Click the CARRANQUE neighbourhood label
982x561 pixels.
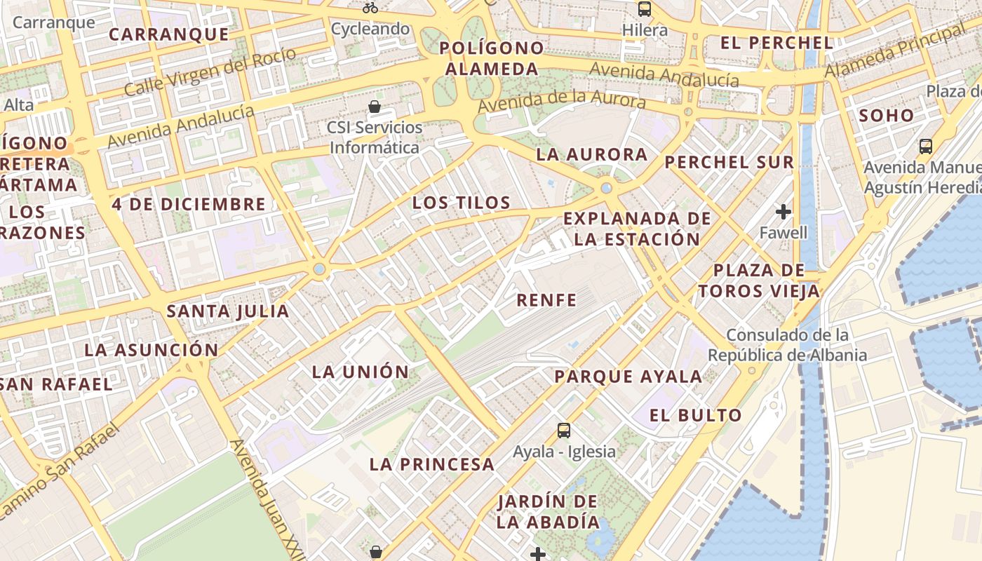click(x=169, y=34)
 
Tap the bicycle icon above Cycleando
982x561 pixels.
click(x=370, y=8)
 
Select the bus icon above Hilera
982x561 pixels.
click(x=644, y=9)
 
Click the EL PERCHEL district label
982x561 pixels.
click(x=777, y=43)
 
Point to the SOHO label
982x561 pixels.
click(x=887, y=116)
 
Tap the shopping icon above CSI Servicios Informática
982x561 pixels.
click(x=375, y=107)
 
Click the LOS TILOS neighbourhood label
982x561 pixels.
click(x=461, y=203)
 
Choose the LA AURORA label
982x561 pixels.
click(x=591, y=155)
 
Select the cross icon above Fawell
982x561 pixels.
click(x=783, y=211)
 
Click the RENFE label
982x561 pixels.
click(x=546, y=301)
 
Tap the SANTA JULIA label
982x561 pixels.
click(x=228, y=311)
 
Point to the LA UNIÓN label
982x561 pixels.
click(x=360, y=372)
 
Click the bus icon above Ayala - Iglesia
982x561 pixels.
click(x=564, y=430)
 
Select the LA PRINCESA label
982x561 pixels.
click(x=431, y=464)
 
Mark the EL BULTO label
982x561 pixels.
click(x=695, y=415)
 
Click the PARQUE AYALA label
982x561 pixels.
click(x=628, y=377)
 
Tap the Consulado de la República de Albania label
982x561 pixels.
click(x=787, y=345)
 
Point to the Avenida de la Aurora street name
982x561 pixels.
click(x=561, y=100)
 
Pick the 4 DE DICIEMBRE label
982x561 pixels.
click(x=189, y=205)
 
